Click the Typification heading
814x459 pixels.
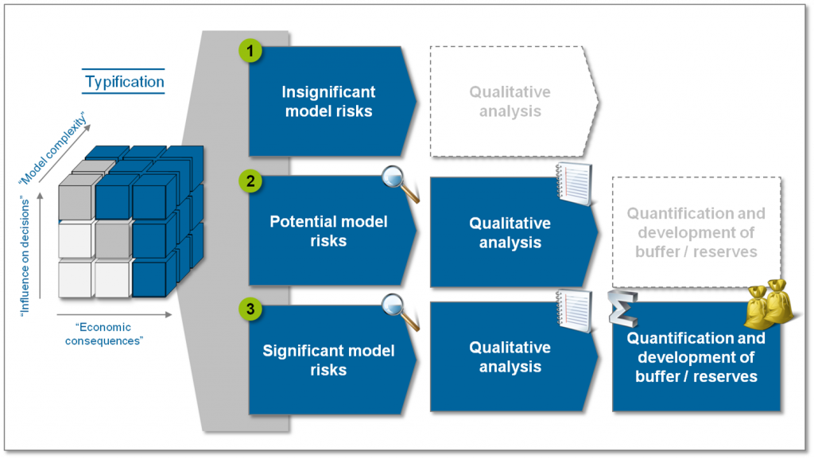click(124, 81)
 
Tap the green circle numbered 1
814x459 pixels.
click(250, 51)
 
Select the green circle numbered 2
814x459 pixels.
click(250, 181)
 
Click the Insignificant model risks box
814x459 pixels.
click(329, 102)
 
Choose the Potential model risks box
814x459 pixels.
click(329, 231)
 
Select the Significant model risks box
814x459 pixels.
click(329, 360)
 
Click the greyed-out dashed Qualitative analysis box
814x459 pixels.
click(510, 102)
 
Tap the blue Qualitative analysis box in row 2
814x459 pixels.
click(510, 232)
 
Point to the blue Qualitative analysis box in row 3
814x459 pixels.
click(510, 357)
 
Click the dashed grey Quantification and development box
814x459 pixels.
click(696, 232)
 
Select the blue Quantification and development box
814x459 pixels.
click(696, 358)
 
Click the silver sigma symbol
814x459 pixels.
click(622, 309)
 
